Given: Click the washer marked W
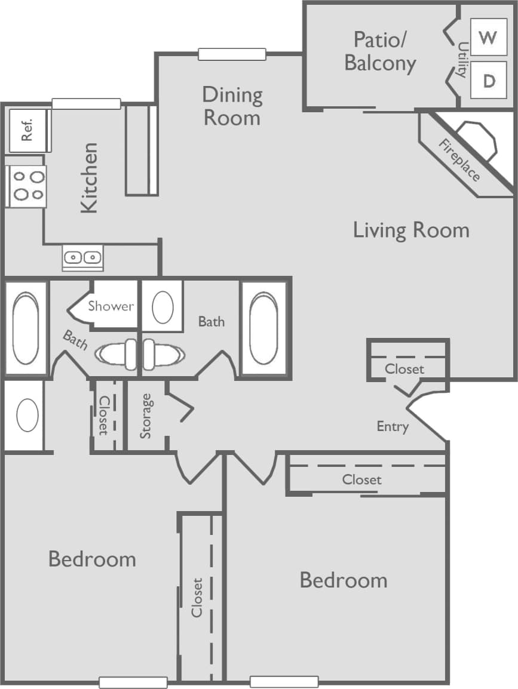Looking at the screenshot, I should coord(488,37).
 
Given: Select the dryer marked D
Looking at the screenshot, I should coord(488,81).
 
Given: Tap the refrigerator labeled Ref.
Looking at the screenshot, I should coord(27,130).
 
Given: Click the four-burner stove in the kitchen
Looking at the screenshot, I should coord(26,186).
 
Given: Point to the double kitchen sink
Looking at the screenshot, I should coord(82,258).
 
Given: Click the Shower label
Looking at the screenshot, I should coord(111,306).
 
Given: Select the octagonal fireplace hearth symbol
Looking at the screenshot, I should coord(476,141).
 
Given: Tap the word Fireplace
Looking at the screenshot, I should coord(459,160).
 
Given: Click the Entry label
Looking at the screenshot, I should coord(393,426).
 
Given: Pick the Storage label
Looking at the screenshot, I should coord(146,416).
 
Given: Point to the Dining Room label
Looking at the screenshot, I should coord(232,106).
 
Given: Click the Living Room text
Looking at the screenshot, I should coord(411,230).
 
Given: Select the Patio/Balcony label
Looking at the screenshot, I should coord(380,51).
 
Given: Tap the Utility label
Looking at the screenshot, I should coord(462,59).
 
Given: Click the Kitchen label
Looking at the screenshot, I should coord(89,177).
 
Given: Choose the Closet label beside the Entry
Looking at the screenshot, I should coord(404,369).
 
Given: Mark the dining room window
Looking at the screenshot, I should coord(232,54).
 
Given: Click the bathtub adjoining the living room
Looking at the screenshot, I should coord(263,328).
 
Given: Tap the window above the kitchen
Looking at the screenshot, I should coord(86,104).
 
